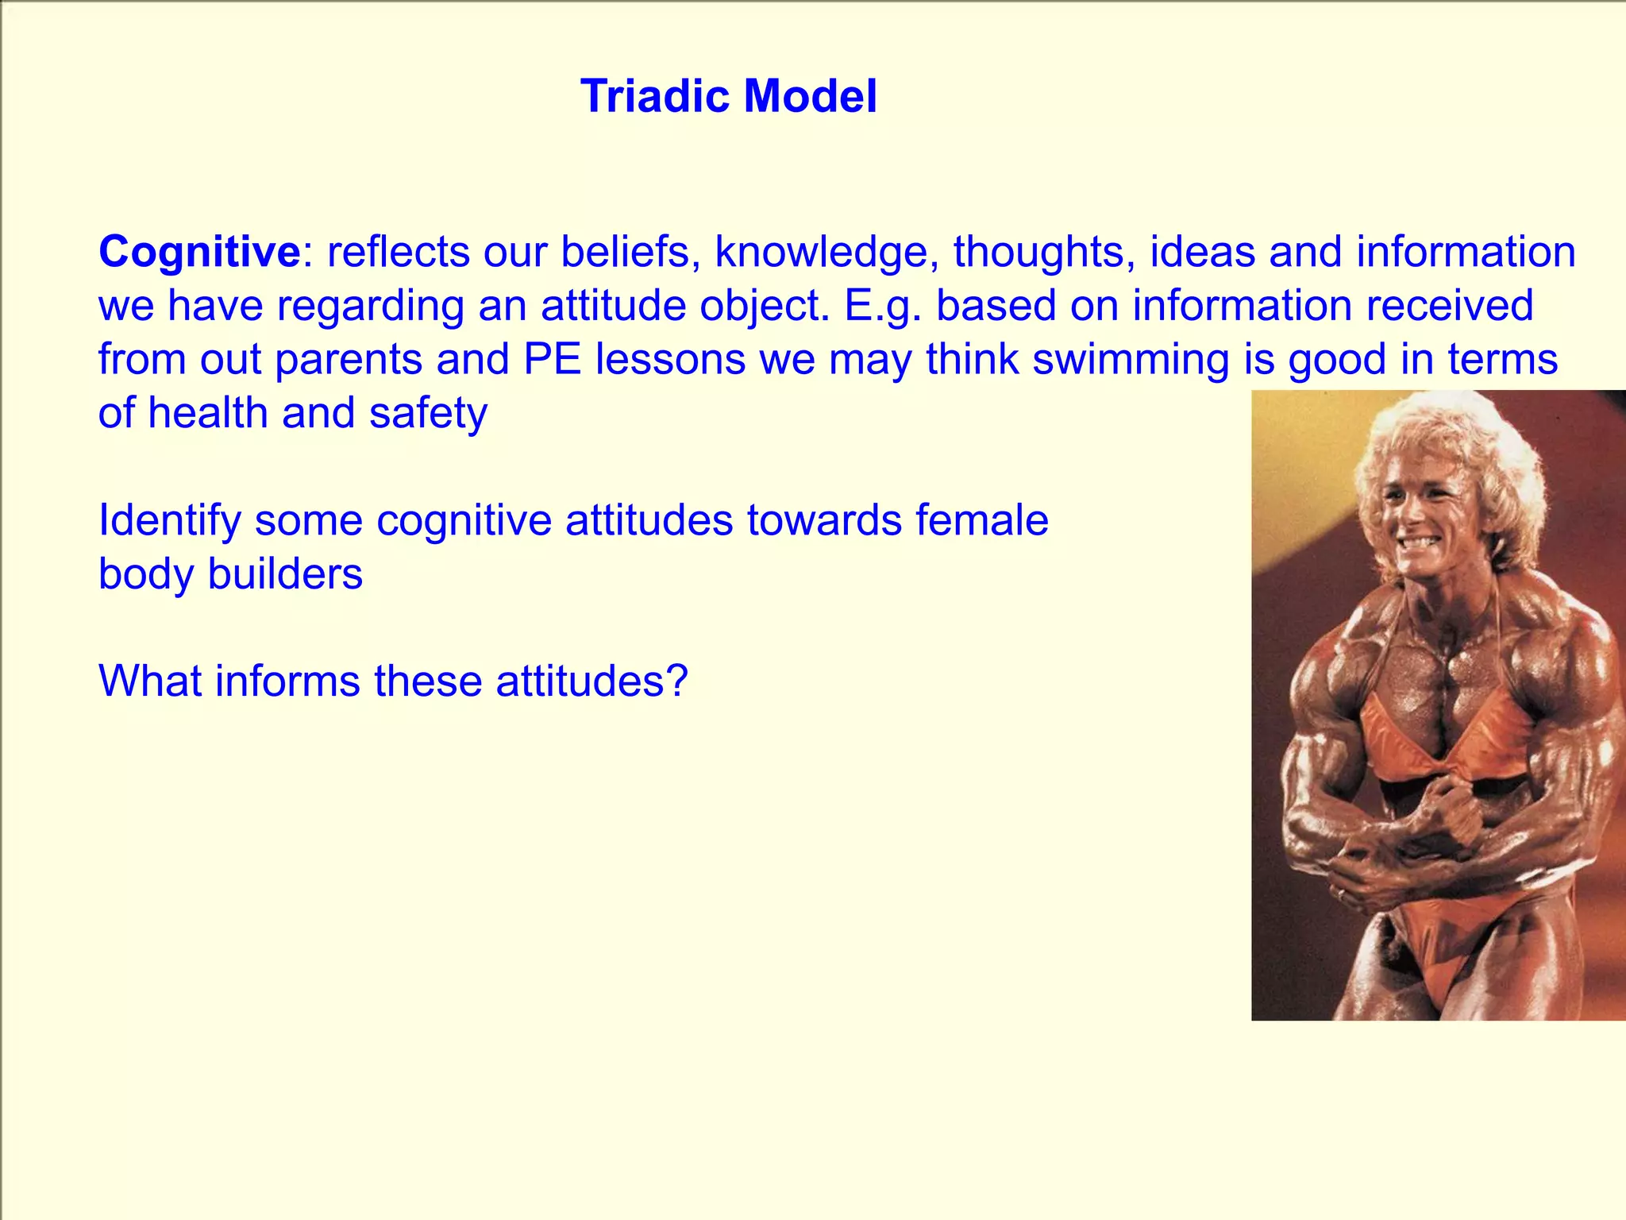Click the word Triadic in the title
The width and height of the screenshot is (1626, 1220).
point(656,97)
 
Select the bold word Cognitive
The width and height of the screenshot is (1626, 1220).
point(199,252)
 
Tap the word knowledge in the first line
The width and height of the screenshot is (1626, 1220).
point(821,252)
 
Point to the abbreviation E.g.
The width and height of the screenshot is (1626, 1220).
point(883,307)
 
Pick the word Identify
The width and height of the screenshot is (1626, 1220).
point(169,521)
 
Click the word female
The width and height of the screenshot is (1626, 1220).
point(981,520)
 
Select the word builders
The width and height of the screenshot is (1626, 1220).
point(285,574)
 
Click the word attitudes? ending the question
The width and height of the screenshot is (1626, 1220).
point(591,681)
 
